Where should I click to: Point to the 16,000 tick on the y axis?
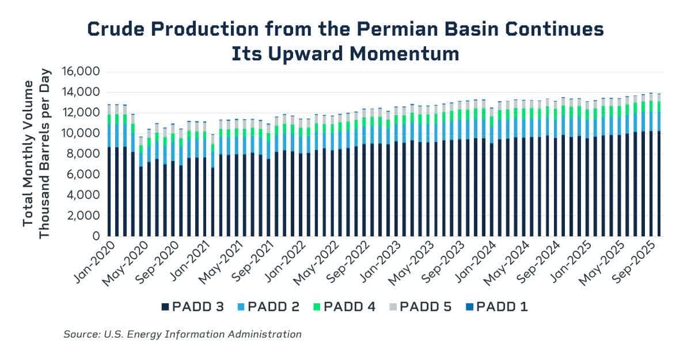(80, 72)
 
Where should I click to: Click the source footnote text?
(182, 334)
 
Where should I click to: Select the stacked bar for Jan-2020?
(110, 173)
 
